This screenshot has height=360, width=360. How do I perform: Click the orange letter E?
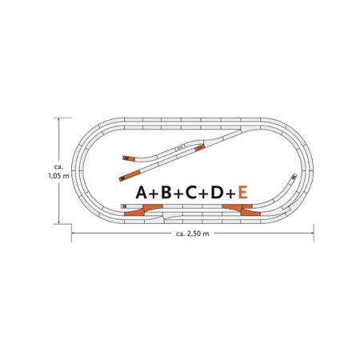tap(242, 193)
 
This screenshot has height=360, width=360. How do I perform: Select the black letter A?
tap(142, 193)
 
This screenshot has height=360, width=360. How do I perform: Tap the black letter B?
tap(166, 193)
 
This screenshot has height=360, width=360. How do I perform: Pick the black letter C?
tap(191, 193)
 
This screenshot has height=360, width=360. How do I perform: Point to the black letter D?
tap(217, 193)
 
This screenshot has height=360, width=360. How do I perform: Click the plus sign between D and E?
tap(230, 194)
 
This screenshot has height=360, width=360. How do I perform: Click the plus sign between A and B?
tap(154, 194)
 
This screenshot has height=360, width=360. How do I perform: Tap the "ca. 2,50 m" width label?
tap(193, 234)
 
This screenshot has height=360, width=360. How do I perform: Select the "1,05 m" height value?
tap(58, 176)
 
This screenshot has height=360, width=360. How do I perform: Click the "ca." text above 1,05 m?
tap(58, 167)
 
